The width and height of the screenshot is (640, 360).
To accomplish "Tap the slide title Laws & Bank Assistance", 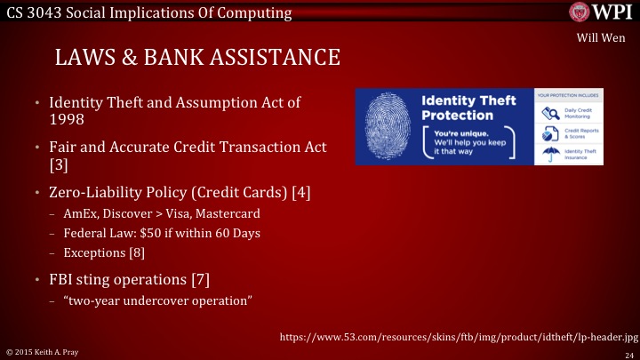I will click(x=197, y=58).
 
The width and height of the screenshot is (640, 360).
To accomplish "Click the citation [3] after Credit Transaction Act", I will click(x=58, y=164).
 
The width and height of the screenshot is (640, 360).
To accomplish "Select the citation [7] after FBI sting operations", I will click(x=200, y=280).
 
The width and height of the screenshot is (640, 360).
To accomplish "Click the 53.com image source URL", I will click(x=459, y=337).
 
